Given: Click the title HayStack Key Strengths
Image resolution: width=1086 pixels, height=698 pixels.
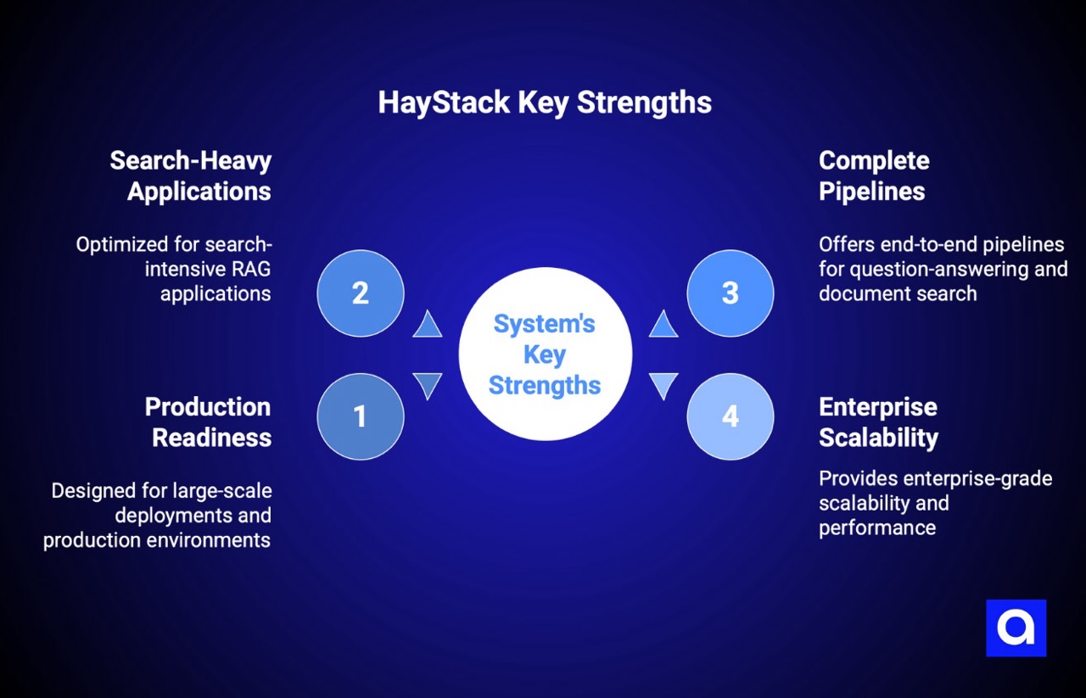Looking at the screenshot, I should click(544, 103).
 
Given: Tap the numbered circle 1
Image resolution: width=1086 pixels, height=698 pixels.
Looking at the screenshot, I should click(360, 416).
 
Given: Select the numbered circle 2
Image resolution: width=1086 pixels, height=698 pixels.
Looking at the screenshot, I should click(360, 293).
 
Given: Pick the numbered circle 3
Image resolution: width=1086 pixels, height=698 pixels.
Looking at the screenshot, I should click(730, 293).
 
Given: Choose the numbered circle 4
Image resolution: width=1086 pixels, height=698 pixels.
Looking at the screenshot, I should click(730, 416).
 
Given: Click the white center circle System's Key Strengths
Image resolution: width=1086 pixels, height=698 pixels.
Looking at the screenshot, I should click(545, 354).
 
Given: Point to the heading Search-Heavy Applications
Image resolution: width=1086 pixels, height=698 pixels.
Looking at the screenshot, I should click(191, 176).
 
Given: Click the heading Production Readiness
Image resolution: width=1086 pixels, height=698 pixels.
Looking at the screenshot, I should click(208, 422).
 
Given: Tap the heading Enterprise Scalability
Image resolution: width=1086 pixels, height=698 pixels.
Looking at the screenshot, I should click(878, 422).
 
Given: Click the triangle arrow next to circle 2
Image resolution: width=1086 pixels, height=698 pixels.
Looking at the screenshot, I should click(428, 326).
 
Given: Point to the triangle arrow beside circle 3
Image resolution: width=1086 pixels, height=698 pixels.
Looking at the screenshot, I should click(663, 326).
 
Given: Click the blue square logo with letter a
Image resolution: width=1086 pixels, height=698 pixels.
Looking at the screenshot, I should click(1016, 628).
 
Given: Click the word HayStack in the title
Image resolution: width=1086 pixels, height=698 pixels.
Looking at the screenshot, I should click(444, 103).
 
